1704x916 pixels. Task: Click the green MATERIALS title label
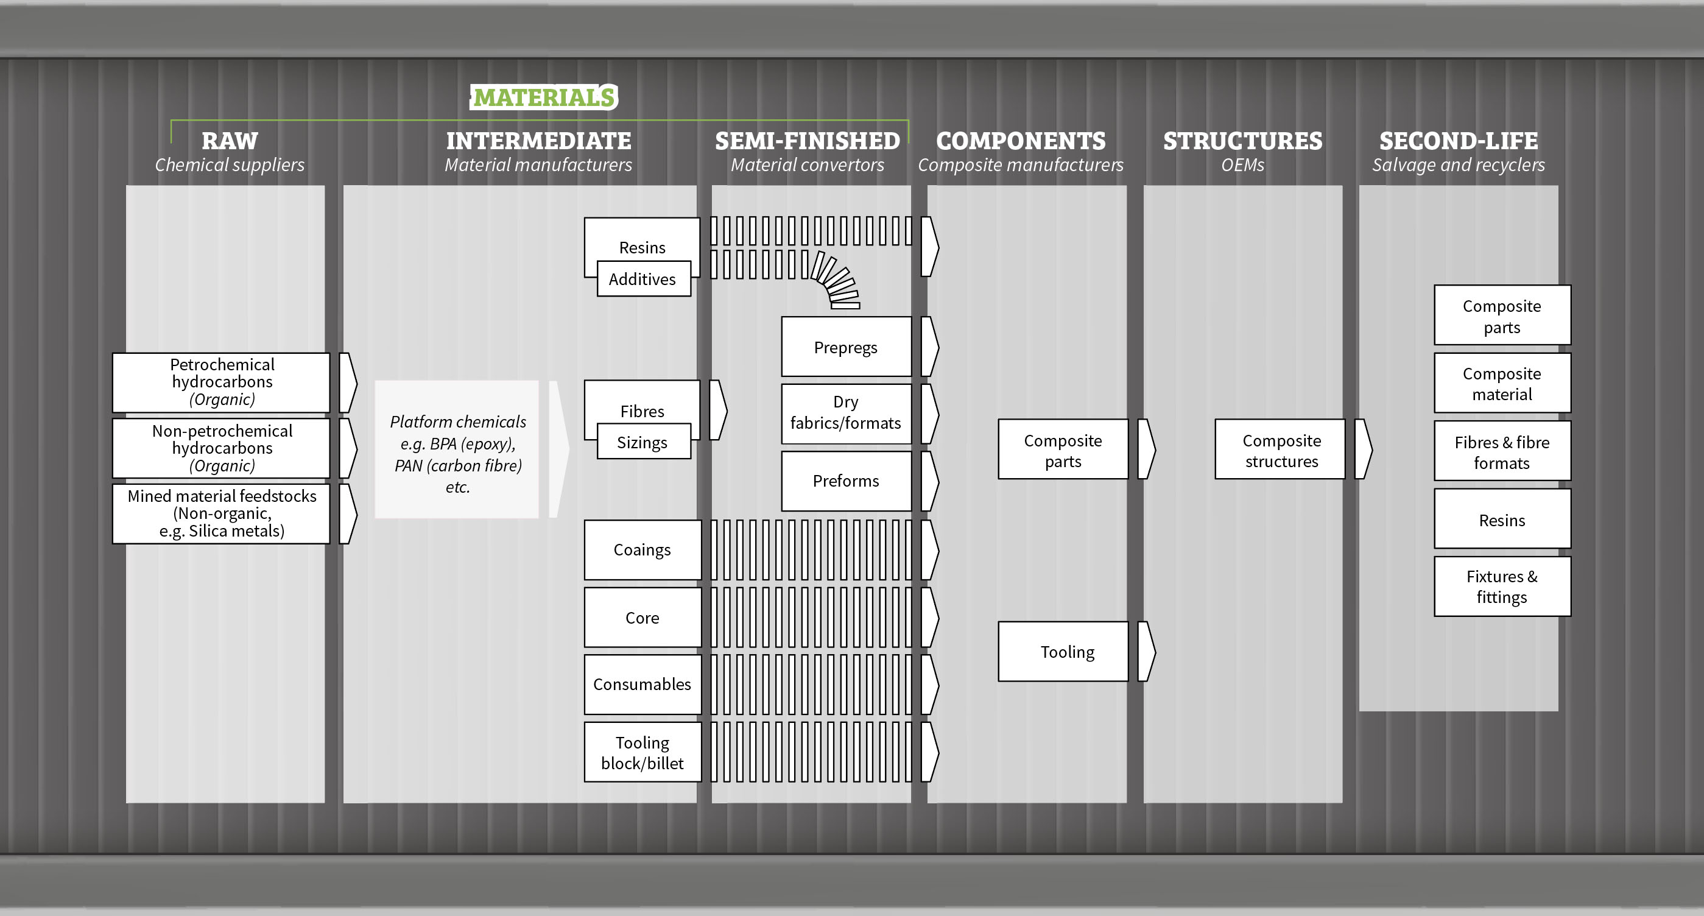[x=544, y=97]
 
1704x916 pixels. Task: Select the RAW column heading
[x=230, y=141]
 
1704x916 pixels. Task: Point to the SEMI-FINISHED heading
[x=807, y=141]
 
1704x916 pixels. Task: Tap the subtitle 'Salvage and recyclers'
[x=1458, y=164]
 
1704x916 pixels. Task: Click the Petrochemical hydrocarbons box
[x=221, y=382]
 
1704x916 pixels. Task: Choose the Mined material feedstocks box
[x=221, y=514]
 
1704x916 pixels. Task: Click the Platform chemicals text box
[x=457, y=449]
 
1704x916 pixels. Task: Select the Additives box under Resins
[x=644, y=278]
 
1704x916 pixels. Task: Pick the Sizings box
[x=644, y=441]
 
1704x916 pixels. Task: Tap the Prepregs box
[x=846, y=347]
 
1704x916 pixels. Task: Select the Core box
[x=643, y=617]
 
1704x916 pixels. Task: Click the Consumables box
[x=643, y=685]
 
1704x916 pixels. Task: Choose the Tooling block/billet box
[x=643, y=752]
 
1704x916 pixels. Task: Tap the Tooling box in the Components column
[x=1063, y=652]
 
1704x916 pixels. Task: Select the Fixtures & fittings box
[x=1502, y=587]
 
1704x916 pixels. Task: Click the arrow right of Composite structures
[x=1364, y=449]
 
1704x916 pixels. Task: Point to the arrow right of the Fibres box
[x=719, y=410]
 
